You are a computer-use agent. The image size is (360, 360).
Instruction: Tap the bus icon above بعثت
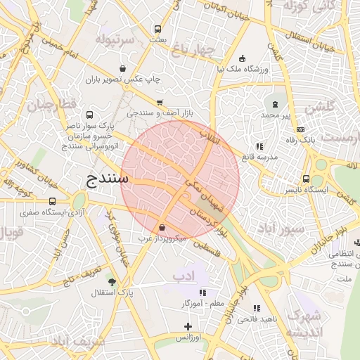pyautogui.click(x=157, y=30)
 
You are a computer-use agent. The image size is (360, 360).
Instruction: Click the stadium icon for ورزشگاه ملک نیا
pyautogui.click(x=243, y=58)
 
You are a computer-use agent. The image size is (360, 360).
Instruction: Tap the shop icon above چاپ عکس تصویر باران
pyautogui.click(x=124, y=69)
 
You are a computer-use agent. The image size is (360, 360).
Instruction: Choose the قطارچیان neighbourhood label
pyautogui.click(x=50, y=106)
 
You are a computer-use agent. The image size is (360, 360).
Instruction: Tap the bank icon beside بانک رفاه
pyautogui.click(x=300, y=130)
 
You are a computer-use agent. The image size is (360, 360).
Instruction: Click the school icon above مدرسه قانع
pyautogui.click(x=259, y=146)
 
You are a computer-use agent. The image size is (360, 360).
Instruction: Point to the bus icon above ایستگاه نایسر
pyautogui.click(x=307, y=179)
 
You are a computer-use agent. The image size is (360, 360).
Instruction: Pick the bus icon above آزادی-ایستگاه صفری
pyautogui.click(x=52, y=202)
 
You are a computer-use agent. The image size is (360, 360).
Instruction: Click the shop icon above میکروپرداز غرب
pyautogui.click(x=162, y=228)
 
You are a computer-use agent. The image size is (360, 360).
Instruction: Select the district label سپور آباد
pyautogui.click(x=281, y=229)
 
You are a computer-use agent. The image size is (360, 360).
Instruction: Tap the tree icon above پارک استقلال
pyautogui.click(x=111, y=281)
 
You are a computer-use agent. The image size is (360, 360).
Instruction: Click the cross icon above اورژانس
pyautogui.click(x=188, y=326)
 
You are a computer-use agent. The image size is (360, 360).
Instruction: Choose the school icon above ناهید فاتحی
pyautogui.click(x=257, y=308)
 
